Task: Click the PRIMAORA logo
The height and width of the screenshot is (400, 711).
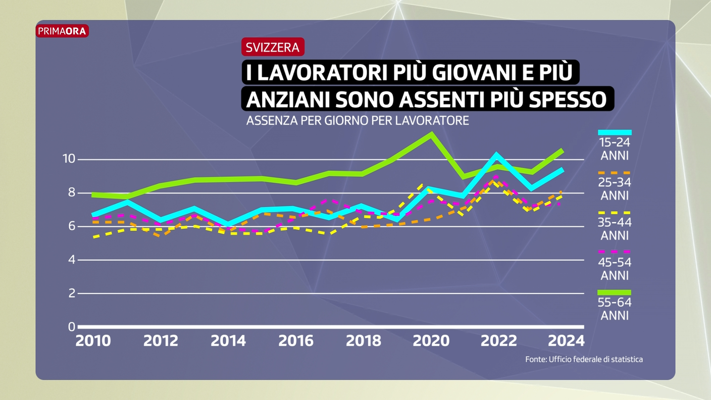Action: (62, 31)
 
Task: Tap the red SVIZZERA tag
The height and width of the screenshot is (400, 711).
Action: (273, 47)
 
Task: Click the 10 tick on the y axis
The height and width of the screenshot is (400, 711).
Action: (69, 159)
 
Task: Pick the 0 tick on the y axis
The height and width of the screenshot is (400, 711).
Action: (72, 327)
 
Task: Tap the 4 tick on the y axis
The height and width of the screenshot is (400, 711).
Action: (72, 260)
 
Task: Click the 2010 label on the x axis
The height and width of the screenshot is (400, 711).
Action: (93, 341)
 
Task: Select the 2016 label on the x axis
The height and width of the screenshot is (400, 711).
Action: (296, 341)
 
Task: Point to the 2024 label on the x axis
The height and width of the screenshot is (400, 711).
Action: (566, 341)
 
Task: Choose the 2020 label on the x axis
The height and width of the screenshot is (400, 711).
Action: (431, 341)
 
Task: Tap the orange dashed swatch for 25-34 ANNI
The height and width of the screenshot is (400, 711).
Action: (615, 173)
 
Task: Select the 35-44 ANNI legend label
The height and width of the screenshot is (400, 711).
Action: (615, 229)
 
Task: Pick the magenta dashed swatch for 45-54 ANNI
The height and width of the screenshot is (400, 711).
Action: (615, 252)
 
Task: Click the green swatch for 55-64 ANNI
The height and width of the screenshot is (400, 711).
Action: (615, 292)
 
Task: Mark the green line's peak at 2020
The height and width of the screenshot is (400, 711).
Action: (431, 134)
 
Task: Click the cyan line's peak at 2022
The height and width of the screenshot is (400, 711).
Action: (497, 155)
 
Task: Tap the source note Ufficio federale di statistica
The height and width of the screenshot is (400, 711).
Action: (584, 359)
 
